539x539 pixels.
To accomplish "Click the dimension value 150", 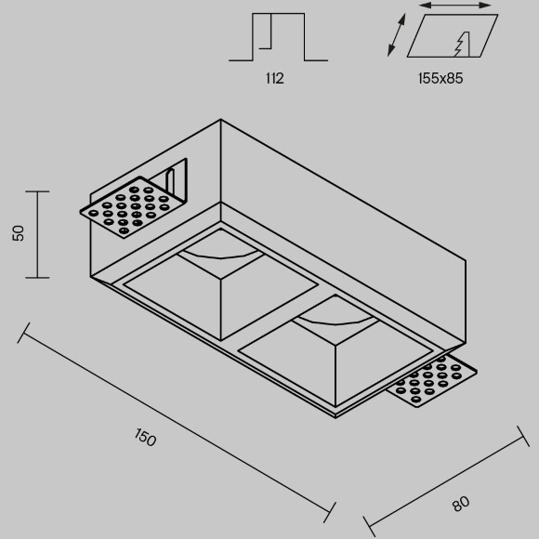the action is [145, 438].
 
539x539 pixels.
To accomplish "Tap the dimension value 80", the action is [461, 504].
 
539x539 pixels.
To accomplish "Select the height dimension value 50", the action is [19, 233].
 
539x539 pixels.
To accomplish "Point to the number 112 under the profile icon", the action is [275, 78].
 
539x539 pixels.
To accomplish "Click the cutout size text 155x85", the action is [440, 78].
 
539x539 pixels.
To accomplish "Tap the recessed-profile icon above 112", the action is [279, 37].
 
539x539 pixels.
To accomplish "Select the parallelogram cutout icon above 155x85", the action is [453, 35].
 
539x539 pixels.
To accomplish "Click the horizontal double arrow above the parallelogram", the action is [455, 6].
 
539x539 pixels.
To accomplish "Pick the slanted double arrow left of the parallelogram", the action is [396, 34].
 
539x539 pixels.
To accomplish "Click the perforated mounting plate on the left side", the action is [128, 207].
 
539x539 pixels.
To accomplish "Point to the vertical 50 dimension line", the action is [37, 234].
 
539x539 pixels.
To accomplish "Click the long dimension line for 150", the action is [177, 423].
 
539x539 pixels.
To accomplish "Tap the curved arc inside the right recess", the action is [335, 322].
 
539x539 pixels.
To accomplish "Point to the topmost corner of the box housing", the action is [220, 119].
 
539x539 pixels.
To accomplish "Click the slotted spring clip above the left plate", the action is [171, 180].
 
